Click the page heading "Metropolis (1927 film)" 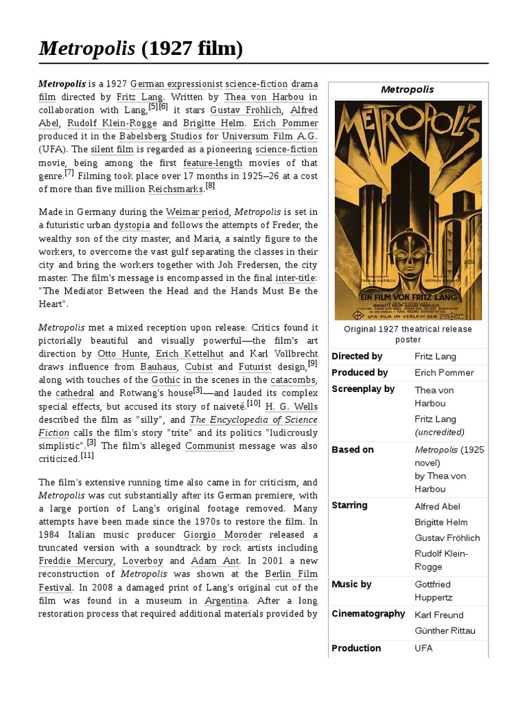tap(141, 49)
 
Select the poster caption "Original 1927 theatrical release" tap(408, 329)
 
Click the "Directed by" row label tap(357, 356)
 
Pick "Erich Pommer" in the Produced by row tap(444, 373)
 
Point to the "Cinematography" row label tap(368, 614)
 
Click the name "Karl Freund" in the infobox tap(439, 615)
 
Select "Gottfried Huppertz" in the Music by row tap(433, 590)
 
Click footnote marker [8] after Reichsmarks tap(210, 186)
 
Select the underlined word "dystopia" tap(131, 225)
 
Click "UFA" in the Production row tap(423, 648)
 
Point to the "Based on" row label tap(353, 450)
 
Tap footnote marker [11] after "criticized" tap(87, 456)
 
